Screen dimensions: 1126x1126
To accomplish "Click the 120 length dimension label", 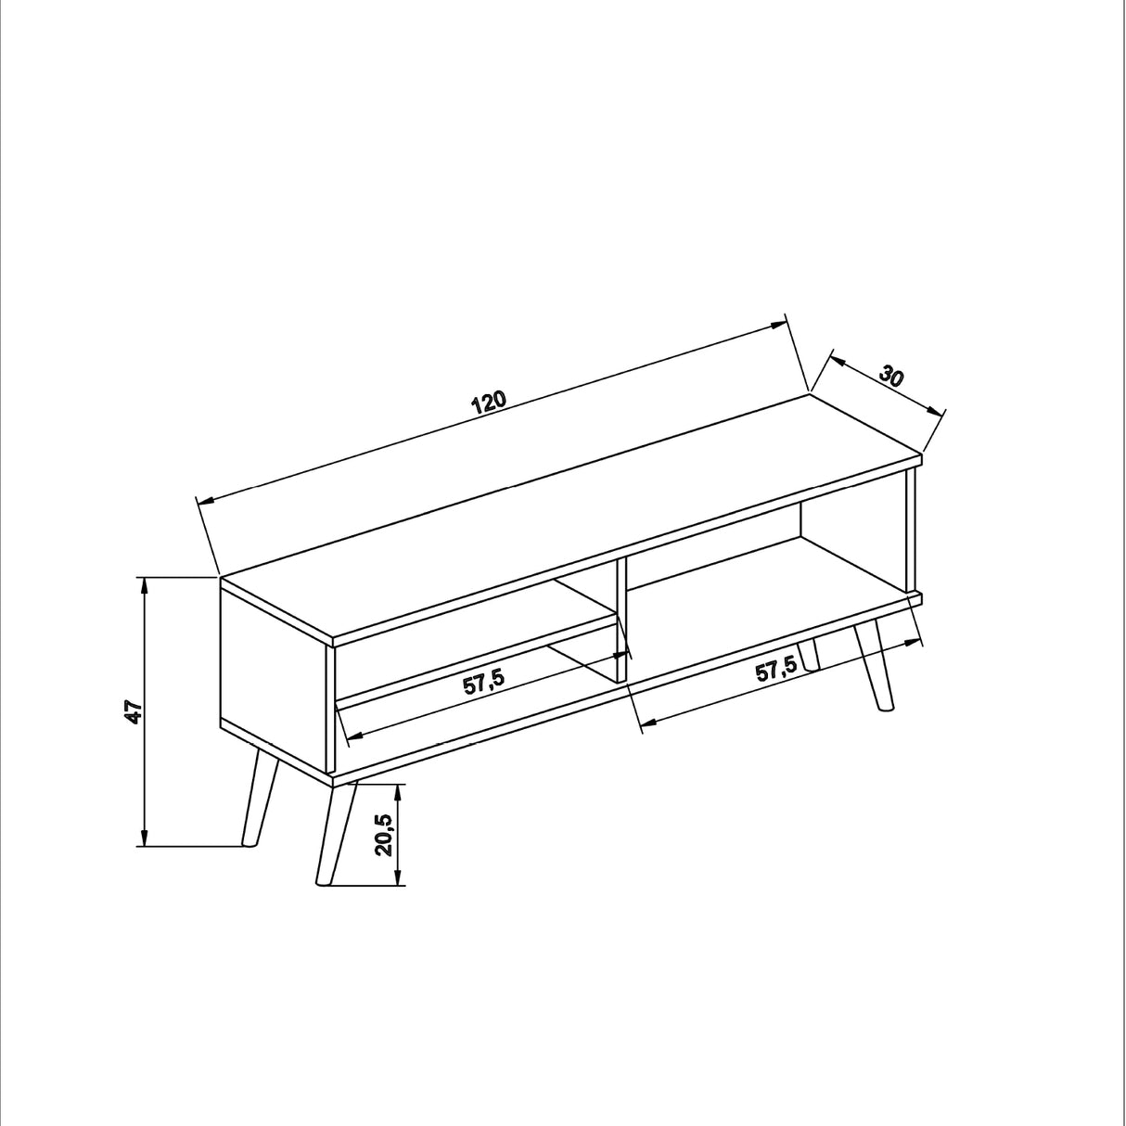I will coord(489,402).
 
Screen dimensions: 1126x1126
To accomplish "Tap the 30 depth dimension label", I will coord(891,377).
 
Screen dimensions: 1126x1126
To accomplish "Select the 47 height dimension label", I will coord(134,712).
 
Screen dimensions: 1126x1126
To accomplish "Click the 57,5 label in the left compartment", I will coord(483,682).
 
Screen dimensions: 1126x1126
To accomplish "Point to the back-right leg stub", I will coord(810,655).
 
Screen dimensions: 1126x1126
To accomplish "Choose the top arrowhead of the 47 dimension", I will coord(144,584).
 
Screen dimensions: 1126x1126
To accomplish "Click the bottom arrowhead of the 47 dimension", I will coord(144,838).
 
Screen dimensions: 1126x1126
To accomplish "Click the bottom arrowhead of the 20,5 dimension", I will coord(399,878).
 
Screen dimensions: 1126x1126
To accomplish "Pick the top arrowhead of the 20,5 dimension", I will coord(399,791).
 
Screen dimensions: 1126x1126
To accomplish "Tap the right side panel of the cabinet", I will coord(911,529).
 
